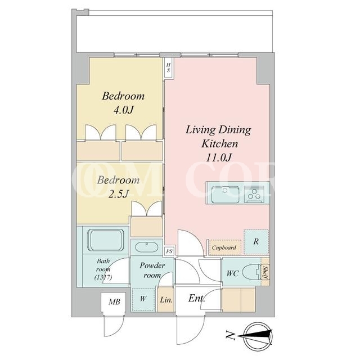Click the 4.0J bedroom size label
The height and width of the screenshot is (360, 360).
(123, 110)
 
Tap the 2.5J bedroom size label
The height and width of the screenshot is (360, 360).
(118, 195)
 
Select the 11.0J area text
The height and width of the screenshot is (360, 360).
(219, 157)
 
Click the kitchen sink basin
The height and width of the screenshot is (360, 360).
(225, 195)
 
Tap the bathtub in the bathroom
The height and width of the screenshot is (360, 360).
(106, 240)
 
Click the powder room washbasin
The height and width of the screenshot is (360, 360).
(146, 247)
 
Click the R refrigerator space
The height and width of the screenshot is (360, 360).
(256, 242)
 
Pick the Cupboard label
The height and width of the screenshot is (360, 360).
(224, 247)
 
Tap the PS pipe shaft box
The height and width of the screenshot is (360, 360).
(169, 251)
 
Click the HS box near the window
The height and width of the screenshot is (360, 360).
(169, 68)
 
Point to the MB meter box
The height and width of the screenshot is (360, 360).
(114, 301)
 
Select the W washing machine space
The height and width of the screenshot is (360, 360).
(143, 299)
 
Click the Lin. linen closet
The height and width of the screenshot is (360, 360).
(166, 300)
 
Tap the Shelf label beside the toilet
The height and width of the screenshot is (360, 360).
(265, 272)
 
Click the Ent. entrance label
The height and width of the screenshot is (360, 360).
(196, 299)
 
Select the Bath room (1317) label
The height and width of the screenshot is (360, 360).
(103, 269)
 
